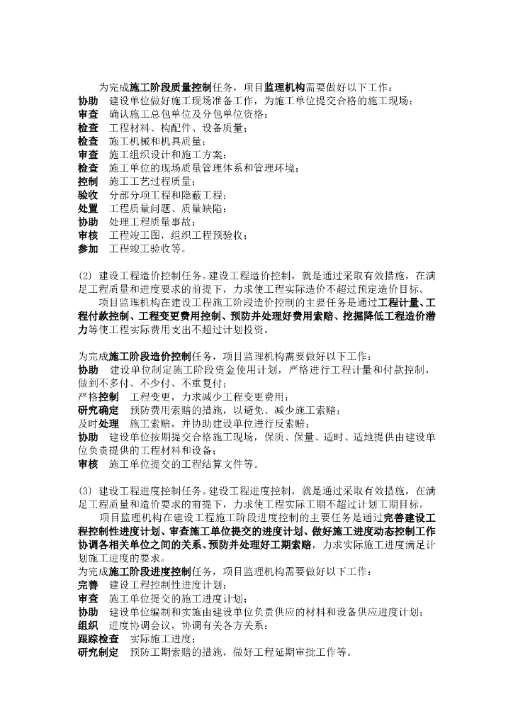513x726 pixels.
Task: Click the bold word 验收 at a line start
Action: [x=88, y=195]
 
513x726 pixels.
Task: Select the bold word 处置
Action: [x=88, y=208]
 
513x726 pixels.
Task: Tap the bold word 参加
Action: [x=88, y=249]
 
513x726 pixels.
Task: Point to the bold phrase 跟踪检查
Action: [x=98, y=639]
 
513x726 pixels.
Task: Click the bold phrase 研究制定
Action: [x=98, y=652]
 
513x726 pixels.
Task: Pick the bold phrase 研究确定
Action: [x=98, y=410]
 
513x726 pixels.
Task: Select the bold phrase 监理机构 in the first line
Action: [x=284, y=87]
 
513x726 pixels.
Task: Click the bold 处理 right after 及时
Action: [x=108, y=423]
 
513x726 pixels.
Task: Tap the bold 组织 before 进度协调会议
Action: [x=88, y=625]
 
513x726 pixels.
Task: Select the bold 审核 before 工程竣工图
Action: [x=88, y=235]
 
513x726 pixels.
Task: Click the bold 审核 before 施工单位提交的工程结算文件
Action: [x=88, y=464]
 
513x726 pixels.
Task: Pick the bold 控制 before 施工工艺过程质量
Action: [x=88, y=181]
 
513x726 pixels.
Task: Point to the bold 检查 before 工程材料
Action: [x=88, y=128]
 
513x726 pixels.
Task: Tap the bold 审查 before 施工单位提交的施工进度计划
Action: [x=88, y=598]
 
